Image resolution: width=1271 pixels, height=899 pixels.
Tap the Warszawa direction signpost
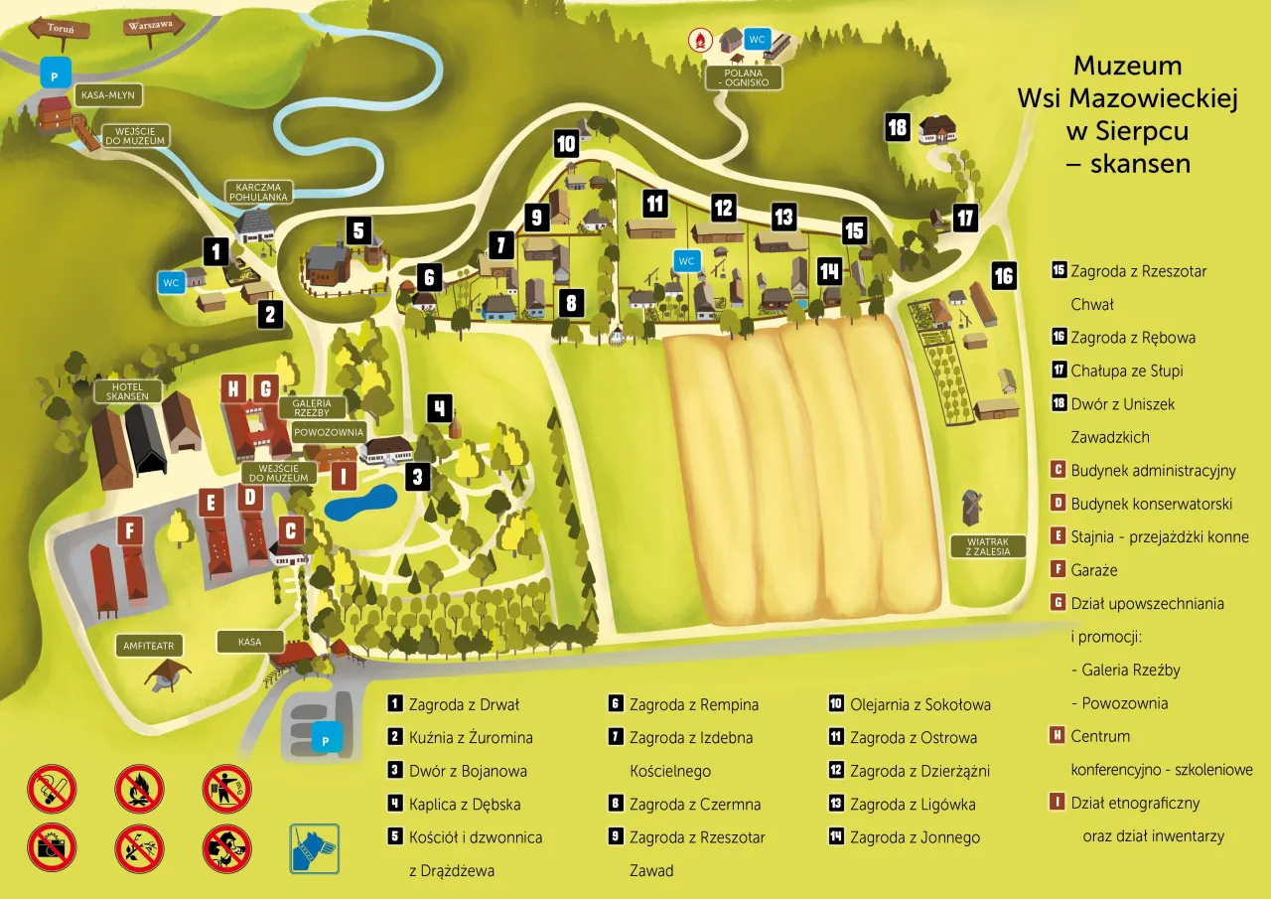(150, 27)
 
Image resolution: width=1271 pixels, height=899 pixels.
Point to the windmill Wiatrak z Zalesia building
(970, 506)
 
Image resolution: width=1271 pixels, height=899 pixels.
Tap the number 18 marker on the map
(898, 127)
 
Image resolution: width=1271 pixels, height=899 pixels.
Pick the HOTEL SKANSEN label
(127, 390)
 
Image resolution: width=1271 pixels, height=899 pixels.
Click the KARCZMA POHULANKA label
(258, 192)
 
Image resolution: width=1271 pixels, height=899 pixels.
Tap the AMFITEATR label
(149, 645)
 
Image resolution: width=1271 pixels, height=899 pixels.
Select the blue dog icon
(315, 848)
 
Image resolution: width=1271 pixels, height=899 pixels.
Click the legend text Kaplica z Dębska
(465, 805)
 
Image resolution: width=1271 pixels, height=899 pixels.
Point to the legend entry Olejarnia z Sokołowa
(919, 704)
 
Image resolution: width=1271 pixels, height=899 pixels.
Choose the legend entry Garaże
(1093, 570)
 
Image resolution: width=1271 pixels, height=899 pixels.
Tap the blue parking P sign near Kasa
(323, 740)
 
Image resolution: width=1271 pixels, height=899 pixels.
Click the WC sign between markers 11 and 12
(686, 261)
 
